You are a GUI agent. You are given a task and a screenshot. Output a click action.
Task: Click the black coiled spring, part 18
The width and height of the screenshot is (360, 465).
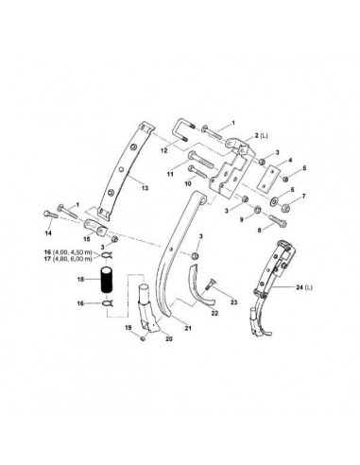click(107, 284)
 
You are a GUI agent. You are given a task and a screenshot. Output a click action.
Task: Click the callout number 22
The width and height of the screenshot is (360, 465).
click(215, 312)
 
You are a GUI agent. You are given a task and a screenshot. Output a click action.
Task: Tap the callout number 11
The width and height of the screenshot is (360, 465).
click(171, 174)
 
